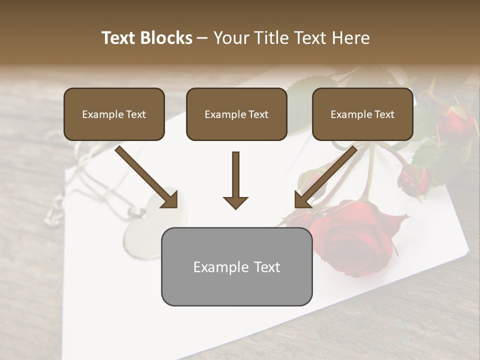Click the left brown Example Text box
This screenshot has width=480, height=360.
coord(114,114)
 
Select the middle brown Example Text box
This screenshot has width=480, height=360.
coord(236,114)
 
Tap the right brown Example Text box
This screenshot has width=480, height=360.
coord(362,114)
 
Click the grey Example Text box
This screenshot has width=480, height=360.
coord(236,266)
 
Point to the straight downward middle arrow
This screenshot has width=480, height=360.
coord(235,180)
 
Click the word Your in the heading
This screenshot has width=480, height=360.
coord(230,38)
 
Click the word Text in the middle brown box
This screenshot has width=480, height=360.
coord(257,114)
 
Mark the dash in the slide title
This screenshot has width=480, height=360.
coord(202,38)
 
